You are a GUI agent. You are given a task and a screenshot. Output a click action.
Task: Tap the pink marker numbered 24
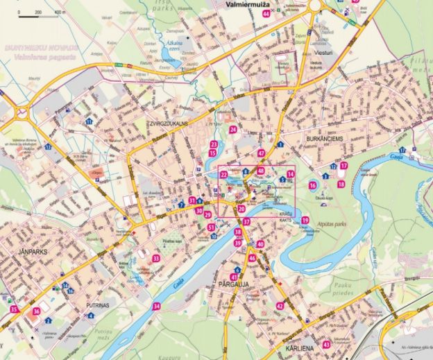(233, 130)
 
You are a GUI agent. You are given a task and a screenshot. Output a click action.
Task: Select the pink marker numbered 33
(156, 259)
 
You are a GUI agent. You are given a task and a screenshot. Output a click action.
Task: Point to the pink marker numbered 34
(157, 306)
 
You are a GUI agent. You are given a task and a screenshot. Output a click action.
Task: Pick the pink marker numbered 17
(343, 166)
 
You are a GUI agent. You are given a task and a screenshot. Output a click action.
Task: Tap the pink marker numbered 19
(305, 221)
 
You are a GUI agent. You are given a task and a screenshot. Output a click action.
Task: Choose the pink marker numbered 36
(36, 311)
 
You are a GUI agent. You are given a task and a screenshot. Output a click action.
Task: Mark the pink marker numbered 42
(280, 306)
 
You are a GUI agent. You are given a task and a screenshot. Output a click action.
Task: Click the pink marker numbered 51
(211, 228)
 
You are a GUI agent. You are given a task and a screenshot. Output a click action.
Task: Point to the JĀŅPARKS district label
(33, 252)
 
